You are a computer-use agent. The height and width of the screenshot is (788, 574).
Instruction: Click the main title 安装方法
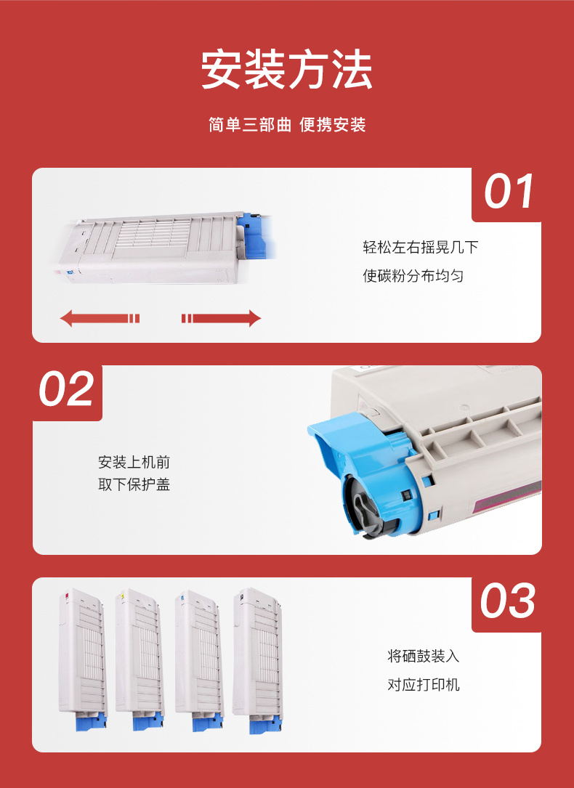tap(287, 70)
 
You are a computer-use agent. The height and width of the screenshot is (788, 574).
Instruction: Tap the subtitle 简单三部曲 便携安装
tap(287, 125)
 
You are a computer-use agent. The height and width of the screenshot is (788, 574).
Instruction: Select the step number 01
tap(508, 192)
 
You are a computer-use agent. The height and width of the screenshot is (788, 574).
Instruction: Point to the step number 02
tap(66, 389)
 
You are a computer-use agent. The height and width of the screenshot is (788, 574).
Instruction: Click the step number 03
tap(507, 601)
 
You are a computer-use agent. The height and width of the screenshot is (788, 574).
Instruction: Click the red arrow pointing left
tap(100, 318)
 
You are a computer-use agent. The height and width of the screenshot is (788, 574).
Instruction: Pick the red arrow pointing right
tap(221, 318)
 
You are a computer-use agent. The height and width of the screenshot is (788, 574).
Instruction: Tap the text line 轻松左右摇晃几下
tap(420, 247)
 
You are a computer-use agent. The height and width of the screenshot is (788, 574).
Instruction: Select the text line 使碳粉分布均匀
tap(413, 276)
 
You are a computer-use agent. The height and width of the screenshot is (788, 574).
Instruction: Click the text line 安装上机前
tap(134, 462)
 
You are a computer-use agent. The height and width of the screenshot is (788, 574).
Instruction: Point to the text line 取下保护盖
tap(134, 484)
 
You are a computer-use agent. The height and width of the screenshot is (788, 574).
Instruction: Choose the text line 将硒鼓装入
tap(423, 656)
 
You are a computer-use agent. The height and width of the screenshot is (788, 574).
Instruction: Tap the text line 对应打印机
tap(423, 684)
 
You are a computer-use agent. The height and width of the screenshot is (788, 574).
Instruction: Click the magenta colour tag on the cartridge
tap(64, 596)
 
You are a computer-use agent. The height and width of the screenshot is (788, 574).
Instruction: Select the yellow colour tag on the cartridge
tap(121, 596)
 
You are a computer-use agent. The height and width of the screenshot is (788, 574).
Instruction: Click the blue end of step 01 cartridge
tap(256, 236)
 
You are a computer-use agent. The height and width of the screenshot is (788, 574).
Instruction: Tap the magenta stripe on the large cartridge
tap(508, 498)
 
